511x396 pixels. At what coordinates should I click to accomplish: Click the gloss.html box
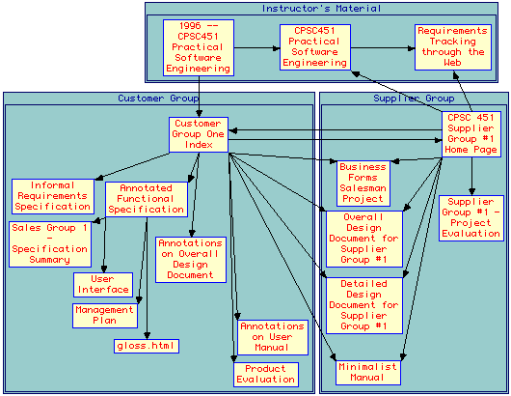click(147, 346)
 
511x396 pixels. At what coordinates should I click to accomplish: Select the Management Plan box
click(105, 316)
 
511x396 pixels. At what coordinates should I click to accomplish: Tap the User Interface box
click(103, 285)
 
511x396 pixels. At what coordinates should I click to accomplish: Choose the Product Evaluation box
click(266, 375)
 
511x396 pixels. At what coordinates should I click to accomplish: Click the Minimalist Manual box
click(368, 373)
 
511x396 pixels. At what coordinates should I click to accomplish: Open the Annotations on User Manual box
click(273, 337)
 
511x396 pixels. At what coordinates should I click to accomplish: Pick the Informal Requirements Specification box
click(53, 196)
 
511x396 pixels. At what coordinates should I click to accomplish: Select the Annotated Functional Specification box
click(147, 199)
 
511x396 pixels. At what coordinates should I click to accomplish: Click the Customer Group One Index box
click(199, 134)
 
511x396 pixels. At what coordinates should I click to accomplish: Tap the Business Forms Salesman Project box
click(363, 184)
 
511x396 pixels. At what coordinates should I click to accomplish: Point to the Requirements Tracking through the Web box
click(453, 47)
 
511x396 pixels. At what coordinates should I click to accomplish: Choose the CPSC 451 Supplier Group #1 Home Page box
click(471, 134)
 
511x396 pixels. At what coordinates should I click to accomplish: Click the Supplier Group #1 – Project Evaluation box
click(471, 218)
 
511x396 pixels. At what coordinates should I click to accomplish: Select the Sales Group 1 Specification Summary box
click(50, 243)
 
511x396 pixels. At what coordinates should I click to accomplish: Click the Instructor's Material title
click(321, 8)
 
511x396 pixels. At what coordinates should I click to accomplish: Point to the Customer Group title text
click(158, 98)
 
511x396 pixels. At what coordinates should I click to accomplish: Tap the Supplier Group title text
click(414, 98)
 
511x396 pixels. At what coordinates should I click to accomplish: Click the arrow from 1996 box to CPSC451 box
click(257, 48)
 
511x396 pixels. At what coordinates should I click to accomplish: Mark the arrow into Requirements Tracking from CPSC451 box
click(383, 48)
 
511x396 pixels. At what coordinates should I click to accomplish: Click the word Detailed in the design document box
click(364, 284)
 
